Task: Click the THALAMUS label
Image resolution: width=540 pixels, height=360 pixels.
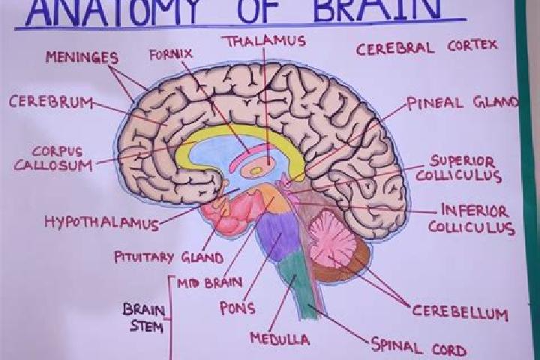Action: [265, 41]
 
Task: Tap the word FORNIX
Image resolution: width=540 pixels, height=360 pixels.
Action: [171, 55]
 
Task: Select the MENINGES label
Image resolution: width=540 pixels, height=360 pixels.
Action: [82, 57]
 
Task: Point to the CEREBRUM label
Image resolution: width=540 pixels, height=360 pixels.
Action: [51, 102]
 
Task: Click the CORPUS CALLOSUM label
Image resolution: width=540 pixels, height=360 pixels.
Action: [53, 159]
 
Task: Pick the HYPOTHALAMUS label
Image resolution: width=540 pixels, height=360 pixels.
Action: [101, 223]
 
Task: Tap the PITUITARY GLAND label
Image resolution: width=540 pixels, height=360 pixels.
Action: [169, 257]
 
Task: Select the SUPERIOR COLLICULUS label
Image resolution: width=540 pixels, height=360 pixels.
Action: [459, 169]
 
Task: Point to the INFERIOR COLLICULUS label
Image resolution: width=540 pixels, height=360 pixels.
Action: [472, 219]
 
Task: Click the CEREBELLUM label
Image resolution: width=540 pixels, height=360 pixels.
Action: [460, 313]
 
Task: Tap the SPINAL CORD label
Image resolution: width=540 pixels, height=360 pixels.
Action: [418, 347]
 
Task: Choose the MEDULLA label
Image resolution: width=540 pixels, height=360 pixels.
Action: [280, 339]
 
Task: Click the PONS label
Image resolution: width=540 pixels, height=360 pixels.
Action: [237, 308]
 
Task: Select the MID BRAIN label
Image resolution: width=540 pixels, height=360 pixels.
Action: [210, 283]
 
